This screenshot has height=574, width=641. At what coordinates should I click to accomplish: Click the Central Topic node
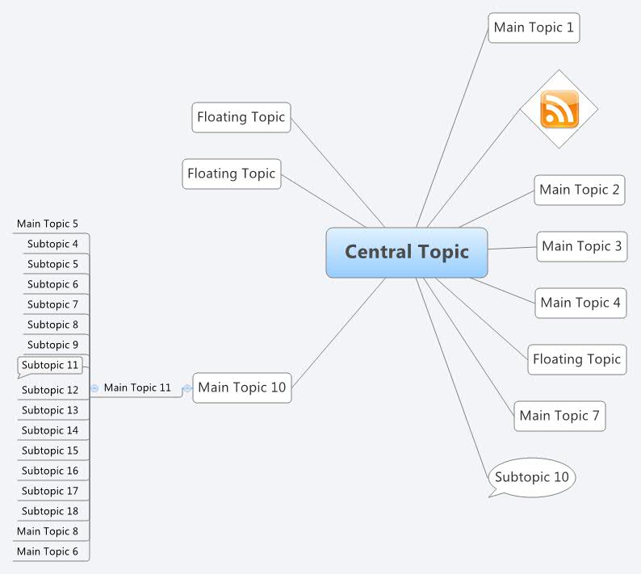point(407,252)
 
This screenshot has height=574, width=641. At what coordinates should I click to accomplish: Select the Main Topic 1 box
point(534,27)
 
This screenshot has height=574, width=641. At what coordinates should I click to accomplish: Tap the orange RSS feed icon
point(559,109)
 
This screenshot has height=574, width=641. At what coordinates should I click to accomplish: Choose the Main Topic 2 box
point(579,190)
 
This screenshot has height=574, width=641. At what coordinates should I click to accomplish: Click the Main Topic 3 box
point(581,246)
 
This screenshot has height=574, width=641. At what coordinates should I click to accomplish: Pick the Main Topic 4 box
point(580,303)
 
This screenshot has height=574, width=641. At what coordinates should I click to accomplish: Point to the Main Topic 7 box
point(559,416)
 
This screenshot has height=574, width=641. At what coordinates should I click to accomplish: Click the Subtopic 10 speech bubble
point(532,477)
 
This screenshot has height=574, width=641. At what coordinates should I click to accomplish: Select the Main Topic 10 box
point(241,388)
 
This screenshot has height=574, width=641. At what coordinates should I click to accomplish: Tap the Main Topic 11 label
point(137,388)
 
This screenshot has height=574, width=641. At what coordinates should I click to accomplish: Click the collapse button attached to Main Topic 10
point(187,388)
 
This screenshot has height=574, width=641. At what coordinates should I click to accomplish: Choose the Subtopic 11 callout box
point(50,366)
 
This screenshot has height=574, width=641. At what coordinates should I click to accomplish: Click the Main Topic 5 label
point(48,224)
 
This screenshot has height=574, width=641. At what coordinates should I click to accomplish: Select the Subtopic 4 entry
point(52,244)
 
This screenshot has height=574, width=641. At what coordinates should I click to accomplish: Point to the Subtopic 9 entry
point(52,345)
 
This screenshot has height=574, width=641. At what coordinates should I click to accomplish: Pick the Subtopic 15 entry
point(50,450)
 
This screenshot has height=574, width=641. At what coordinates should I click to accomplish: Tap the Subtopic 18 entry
point(50,511)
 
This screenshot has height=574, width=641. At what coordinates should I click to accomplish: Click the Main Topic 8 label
point(48,531)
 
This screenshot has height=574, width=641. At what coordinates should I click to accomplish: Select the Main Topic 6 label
point(48,551)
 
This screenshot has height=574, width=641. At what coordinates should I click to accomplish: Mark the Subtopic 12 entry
point(50,390)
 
